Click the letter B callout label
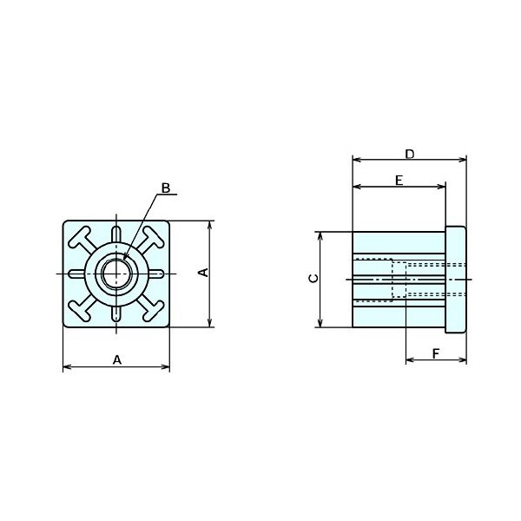[166, 188]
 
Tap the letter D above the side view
[410, 153]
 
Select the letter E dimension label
[399, 180]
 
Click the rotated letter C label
[313, 279]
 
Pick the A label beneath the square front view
[116, 359]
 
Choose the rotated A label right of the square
[203, 273]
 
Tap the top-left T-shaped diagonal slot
[80, 238]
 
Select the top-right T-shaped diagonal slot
[153, 238]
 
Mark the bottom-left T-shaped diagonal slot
[80, 309]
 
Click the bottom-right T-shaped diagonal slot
[153, 309]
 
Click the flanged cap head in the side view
[457, 279]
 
